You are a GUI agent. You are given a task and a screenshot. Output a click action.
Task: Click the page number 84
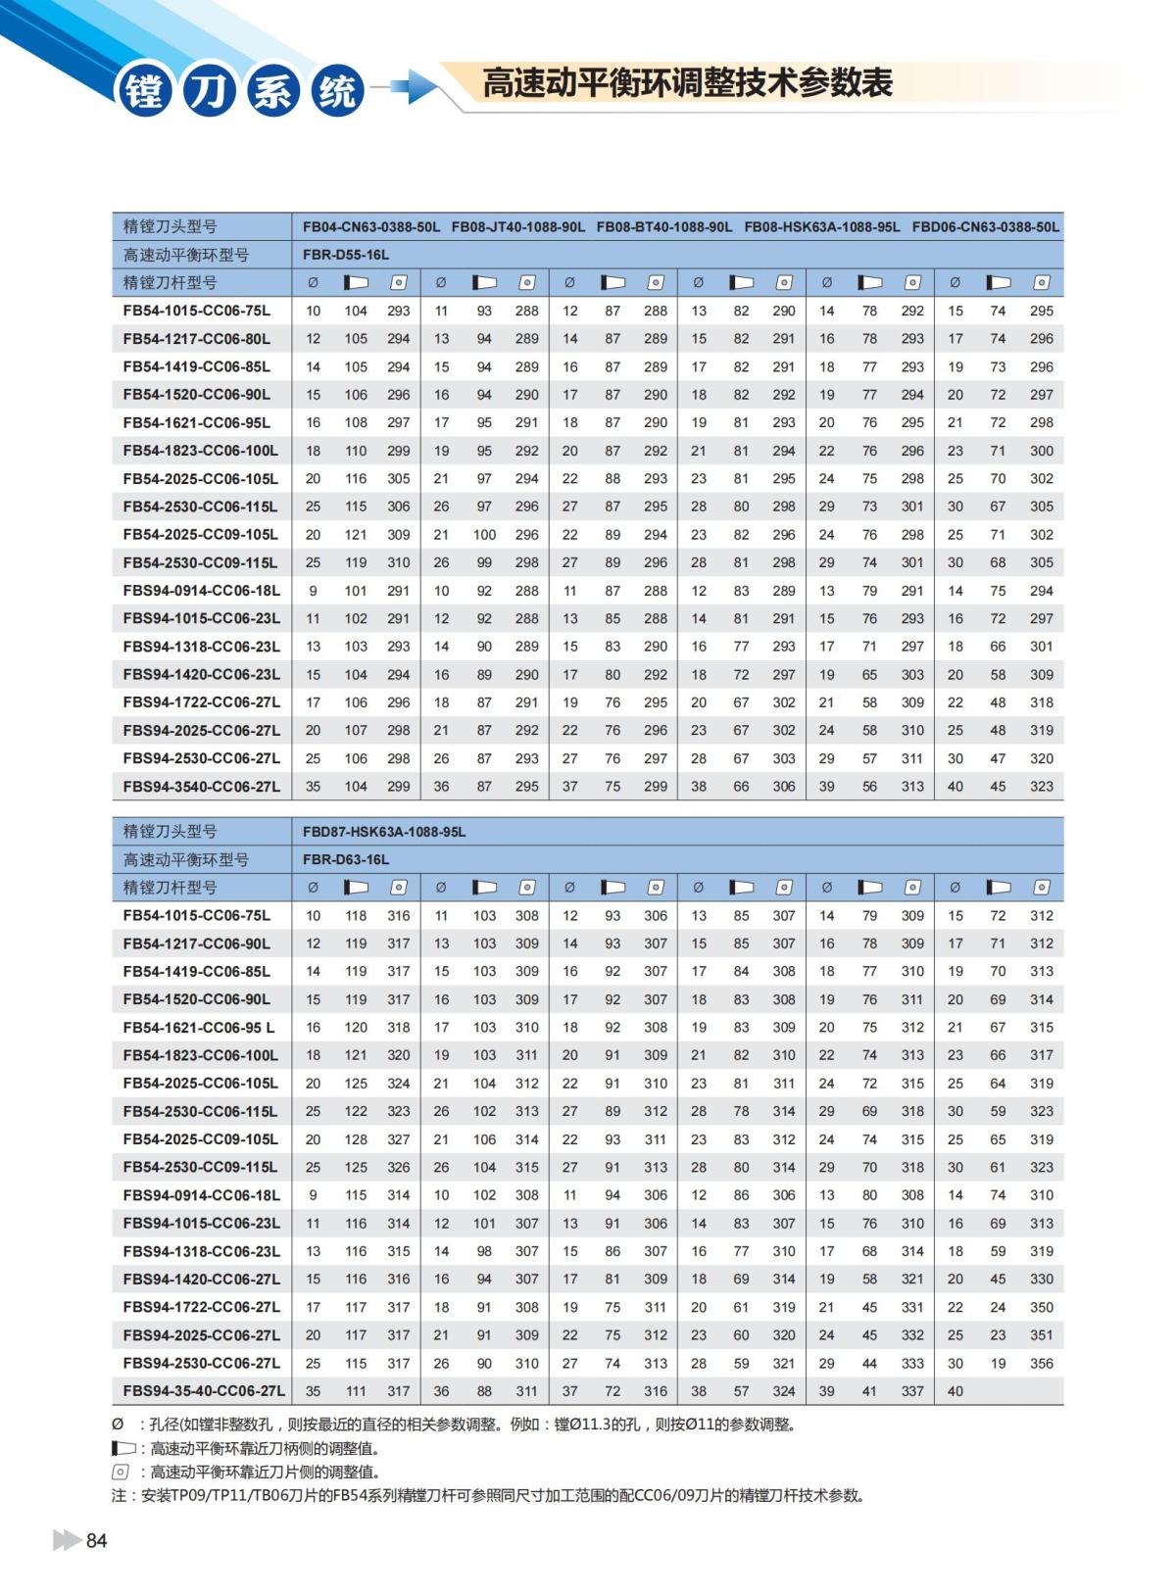[96, 1540]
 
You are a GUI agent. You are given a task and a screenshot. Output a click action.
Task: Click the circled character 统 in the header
[338, 91]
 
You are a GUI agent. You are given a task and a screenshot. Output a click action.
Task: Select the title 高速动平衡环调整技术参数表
[687, 83]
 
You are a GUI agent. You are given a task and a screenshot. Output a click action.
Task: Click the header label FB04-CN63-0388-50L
[371, 226]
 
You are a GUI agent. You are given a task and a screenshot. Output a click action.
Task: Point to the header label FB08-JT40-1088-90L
[518, 226]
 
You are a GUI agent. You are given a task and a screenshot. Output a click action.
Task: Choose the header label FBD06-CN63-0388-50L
[985, 226]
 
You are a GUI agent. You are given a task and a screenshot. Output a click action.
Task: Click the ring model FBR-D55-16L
[346, 255]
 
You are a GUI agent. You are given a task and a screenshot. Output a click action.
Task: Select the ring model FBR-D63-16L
[346, 859]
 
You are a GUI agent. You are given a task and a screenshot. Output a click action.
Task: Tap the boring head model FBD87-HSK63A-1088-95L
[384, 832]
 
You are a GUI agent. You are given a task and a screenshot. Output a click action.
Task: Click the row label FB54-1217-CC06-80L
[197, 339]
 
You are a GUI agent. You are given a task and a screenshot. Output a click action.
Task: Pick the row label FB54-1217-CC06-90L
[197, 943]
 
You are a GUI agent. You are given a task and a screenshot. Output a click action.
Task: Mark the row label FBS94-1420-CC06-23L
[202, 675]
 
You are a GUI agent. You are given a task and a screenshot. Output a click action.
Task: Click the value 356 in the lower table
[1042, 1364]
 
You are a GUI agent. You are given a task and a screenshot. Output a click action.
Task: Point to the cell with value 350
[1042, 1308]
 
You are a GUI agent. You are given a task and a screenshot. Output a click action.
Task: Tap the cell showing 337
[912, 1391]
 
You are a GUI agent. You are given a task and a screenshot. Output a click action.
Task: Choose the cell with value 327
[398, 1139]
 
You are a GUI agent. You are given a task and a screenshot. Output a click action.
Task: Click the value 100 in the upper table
[484, 535]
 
